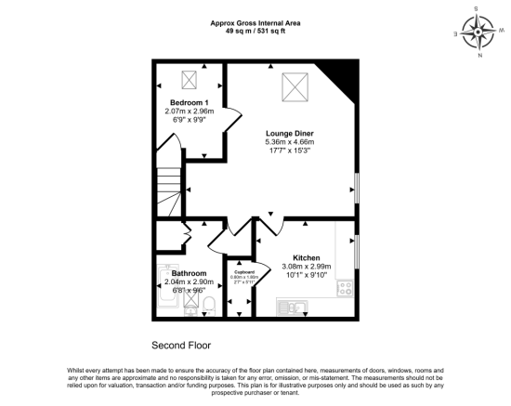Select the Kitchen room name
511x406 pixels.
[x=307, y=257]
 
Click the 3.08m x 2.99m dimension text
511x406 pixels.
[x=307, y=266]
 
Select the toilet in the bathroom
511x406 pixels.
[x=209, y=306]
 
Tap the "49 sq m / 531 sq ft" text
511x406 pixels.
[x=255, y=31]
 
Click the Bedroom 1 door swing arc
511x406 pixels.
[x=232, y=121]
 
